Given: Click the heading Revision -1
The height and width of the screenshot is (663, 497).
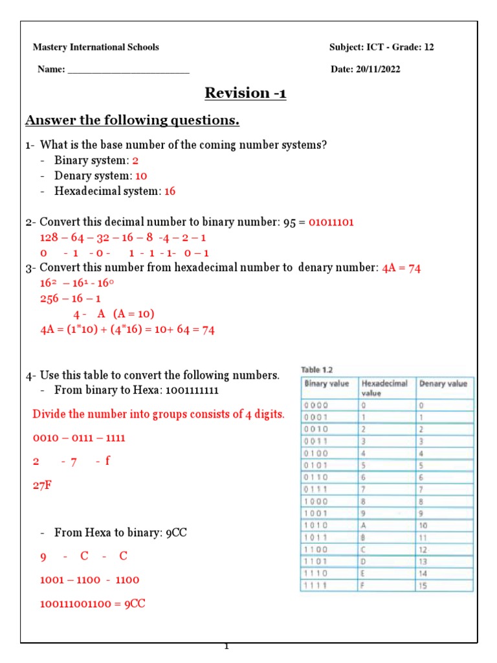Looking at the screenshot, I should click(x=245, y=93).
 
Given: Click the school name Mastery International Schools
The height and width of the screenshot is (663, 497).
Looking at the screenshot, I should click(x=96, y=47).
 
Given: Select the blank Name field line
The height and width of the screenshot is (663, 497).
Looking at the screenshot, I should click(x=128, y=71).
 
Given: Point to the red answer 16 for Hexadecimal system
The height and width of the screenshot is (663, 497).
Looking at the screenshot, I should click(x=170, y=192).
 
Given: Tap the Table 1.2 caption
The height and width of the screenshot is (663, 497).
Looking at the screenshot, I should click(x=316, y=369).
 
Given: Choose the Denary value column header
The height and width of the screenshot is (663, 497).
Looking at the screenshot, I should click(x=443, y=383).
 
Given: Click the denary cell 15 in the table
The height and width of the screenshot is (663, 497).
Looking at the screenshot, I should click(x=424, y=585).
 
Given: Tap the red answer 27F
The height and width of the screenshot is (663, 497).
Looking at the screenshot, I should click(x=42, y=485).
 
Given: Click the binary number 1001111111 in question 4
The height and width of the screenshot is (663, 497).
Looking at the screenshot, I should click(x=201, y=390).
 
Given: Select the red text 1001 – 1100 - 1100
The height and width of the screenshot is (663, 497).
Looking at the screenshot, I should click(x=89, y=580).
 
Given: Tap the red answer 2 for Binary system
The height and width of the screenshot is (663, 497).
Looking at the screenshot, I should click(x=135, y=161).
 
